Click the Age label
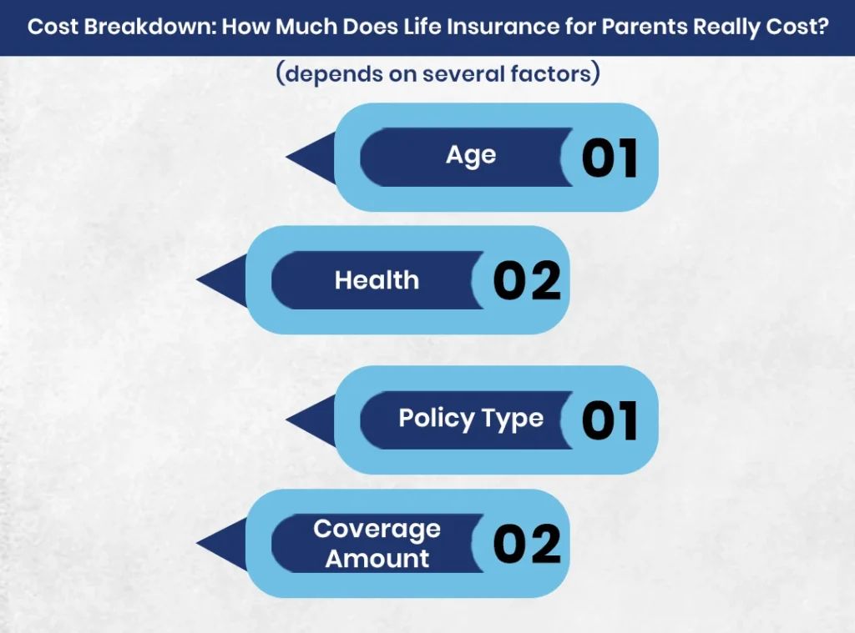coord(471,156)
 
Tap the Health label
coord(377,280)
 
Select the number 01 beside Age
coord(610,158)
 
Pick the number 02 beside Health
coord(527,281)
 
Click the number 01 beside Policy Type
coord(610,420)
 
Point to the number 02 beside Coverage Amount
coord(527,545)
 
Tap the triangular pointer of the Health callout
coord(222,280)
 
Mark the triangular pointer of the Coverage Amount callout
coord(222,544)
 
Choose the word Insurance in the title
coord(491,27)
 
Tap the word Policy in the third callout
coord(434,418)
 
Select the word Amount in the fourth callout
coord(377,559)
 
